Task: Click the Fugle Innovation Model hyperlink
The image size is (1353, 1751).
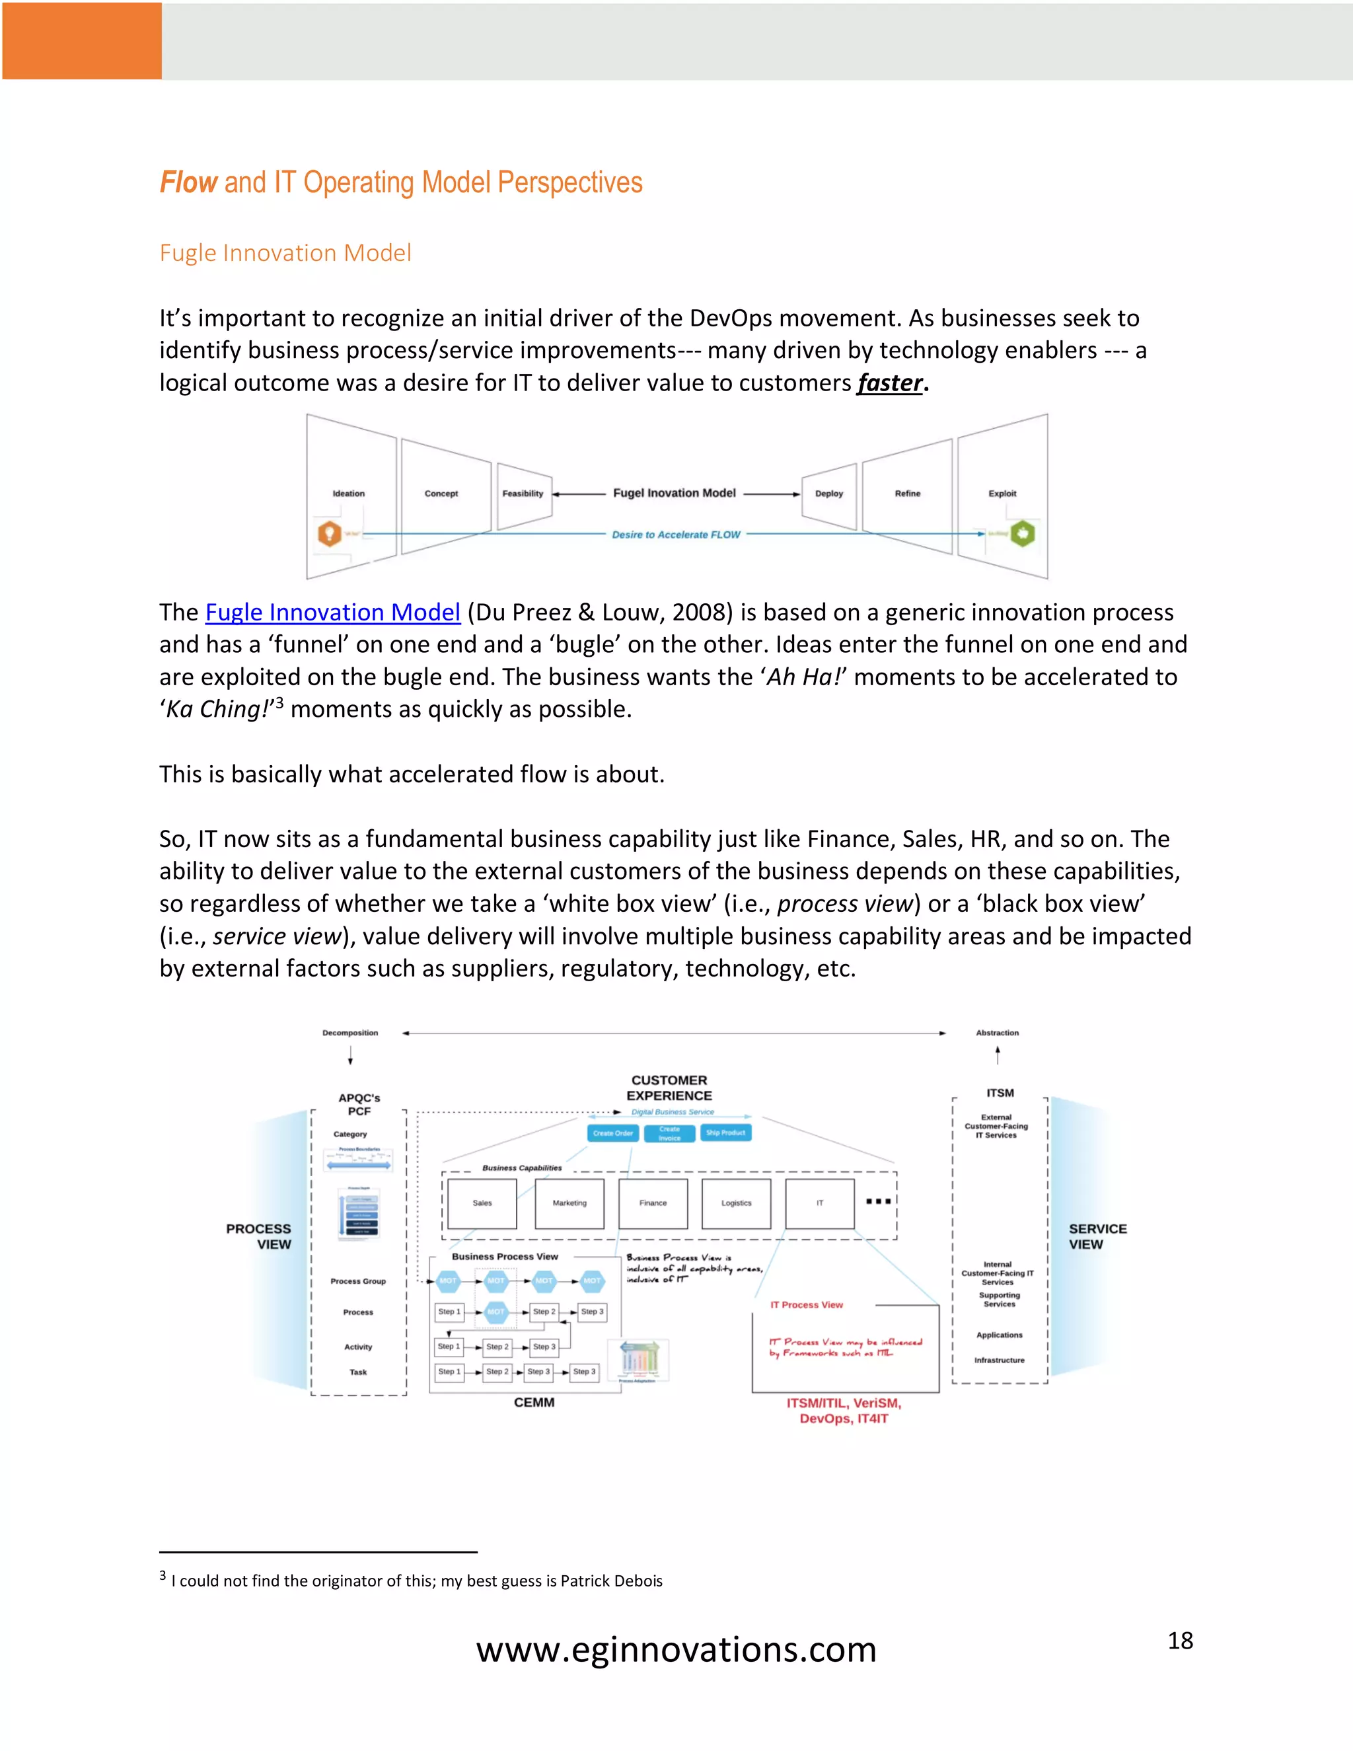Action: pos(333,613)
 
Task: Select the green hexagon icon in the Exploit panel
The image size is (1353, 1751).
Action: pos(1023,533)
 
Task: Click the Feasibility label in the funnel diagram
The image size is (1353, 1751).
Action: pos(523,494)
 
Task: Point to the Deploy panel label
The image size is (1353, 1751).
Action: pos(829,494)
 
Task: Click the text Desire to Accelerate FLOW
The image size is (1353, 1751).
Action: pos(676,535)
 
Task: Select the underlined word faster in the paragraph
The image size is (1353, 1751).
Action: pos(890,383)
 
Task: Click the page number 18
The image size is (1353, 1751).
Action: pos(1180,1641)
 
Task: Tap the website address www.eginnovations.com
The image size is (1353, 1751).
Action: pos(676,1650)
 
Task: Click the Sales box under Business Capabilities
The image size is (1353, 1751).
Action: pos(482,1203)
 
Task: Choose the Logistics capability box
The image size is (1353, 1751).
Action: pos(736,1203)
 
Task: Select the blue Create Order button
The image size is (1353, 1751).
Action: pos(613,1133)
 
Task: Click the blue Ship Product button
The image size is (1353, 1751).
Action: pos(725,1133)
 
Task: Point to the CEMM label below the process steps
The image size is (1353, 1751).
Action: pos(534,1402)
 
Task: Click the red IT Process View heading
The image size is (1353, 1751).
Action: pos(807,1305)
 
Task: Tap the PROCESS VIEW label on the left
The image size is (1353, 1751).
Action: pos(260,1236)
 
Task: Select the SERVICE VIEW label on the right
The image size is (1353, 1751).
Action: pos(1097,1236)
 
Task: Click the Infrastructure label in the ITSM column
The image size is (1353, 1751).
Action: pos(999,1360)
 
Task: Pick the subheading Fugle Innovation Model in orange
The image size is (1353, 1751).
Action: pos(285,253)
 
